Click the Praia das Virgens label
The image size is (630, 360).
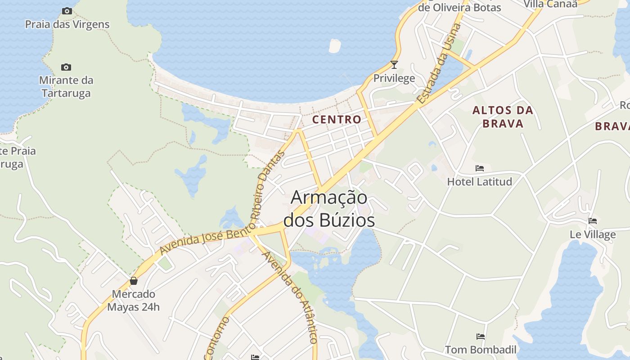point(67,24)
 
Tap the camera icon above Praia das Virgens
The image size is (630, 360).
point(67,11)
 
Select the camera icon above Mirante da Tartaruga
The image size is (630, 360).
point(66,67)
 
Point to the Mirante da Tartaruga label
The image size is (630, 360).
point(66,87)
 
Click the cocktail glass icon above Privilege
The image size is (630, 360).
point(394,65)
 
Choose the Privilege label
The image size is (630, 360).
point(394,78)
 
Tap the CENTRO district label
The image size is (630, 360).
point(337,119)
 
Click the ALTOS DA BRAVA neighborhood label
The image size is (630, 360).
point(503,117)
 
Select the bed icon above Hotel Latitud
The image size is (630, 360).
point(480,168)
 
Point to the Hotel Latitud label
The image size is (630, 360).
point(480,182)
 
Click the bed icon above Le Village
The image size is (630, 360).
point(593,221)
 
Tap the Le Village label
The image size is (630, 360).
point(593,234)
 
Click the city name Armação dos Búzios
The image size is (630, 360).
point(329,209)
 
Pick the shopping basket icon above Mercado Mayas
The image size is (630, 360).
point(134,281)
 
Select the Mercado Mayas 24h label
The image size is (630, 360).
point(134,301)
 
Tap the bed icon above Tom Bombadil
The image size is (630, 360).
point(481,336)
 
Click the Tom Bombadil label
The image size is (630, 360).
point(481,350)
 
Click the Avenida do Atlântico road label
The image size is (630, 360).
point(290,297)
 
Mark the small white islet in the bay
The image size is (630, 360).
point(335,45)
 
